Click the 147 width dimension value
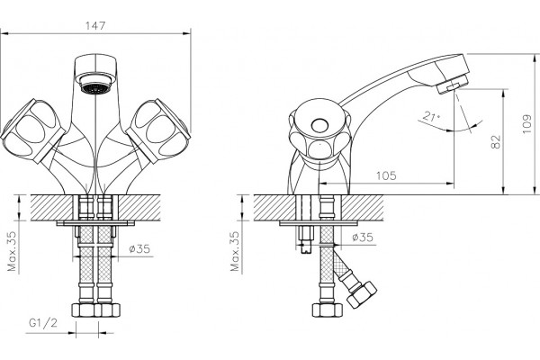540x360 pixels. coord(95,26)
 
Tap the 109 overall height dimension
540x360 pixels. coord(527,124)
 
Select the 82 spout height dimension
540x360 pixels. coord(496,141)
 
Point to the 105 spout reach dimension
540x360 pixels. coord(386,175)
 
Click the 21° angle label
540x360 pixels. coord(431,116)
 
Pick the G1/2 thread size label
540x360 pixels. coord(43,323)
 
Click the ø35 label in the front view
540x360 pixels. coord(139,248)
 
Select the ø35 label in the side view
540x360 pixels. coord(363,237)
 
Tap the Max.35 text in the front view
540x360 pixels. coord(12,251)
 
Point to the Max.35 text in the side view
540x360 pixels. coord(235,251)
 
